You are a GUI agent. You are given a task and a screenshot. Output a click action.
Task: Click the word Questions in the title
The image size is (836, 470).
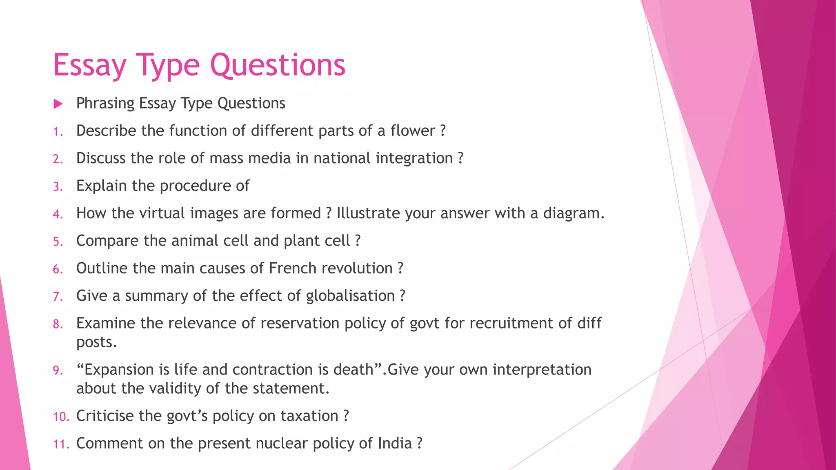click(278, 65)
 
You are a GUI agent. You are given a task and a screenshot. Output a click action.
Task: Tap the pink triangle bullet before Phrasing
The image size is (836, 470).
click(58, 104)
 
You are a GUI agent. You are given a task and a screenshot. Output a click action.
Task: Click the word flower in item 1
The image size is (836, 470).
click(413, 131)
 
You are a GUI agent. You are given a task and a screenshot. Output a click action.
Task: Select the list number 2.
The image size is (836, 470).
click(58, 159)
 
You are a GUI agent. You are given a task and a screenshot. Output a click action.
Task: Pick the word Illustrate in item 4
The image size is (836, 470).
click(368, 213)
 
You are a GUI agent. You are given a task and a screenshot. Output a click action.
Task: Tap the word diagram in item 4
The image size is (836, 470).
click(573, 213)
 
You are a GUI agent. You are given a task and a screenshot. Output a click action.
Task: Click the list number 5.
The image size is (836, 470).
click(58, 242)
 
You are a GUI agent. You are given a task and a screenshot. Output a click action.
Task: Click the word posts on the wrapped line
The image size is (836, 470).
click(96, 342)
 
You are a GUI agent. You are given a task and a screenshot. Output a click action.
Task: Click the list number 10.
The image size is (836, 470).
click(61, 417)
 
